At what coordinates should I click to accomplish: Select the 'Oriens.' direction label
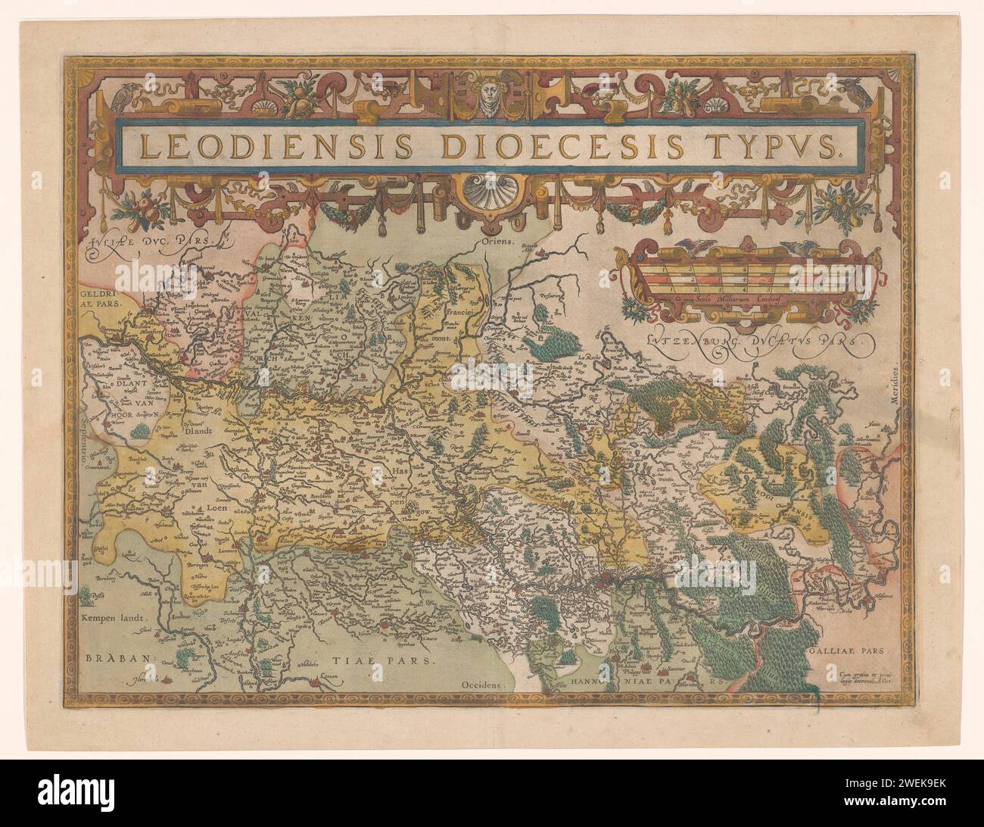click(x=497, y=245)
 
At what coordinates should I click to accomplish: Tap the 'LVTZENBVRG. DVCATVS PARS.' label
click(x=753, y=341)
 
